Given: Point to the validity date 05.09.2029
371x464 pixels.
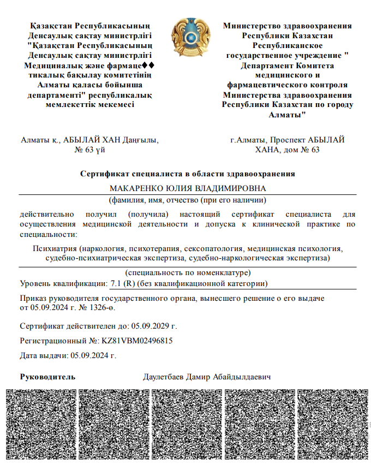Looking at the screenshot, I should point(151,326).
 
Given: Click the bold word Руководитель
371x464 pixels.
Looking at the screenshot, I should point(47,377).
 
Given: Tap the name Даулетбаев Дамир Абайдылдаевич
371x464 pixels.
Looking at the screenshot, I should point(207,377).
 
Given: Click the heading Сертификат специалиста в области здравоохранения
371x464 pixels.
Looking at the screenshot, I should point(188,174).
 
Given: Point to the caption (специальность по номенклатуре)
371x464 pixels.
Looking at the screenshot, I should point(188,272).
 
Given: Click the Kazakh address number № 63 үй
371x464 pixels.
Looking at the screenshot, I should point(89,150).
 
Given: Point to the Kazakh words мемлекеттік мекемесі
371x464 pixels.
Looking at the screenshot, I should point(90,105).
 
